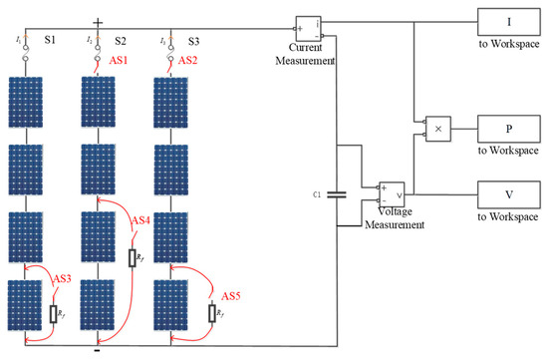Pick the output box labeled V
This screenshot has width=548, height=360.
tap(507, 193)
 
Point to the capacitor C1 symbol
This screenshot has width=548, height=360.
tap(337, 194)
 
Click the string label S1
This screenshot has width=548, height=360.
tap(51, 41)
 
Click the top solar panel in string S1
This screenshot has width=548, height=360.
tap(27, 105)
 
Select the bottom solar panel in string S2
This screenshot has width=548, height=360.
tap(99, 309)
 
